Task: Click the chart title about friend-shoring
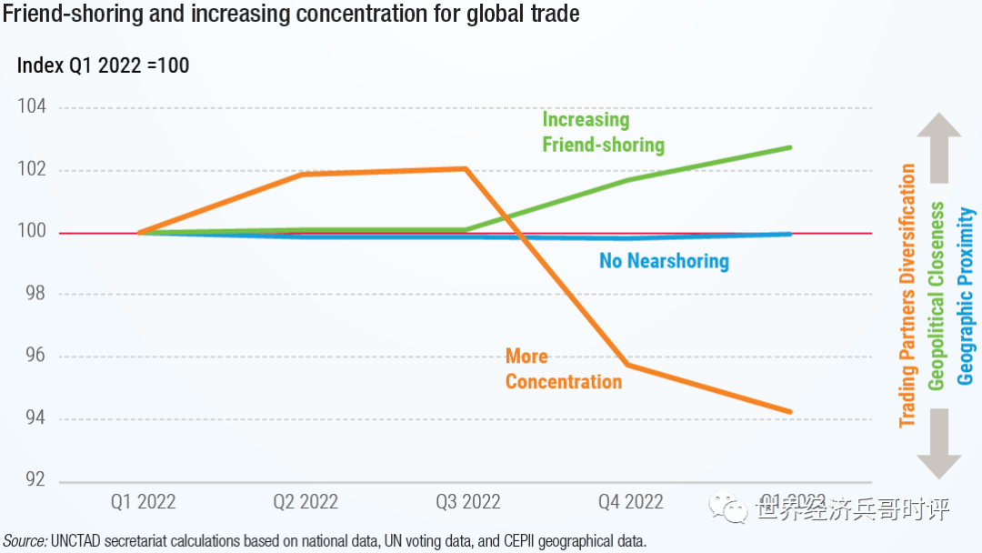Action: pos(292,15)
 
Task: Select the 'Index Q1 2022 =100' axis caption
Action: pos(104,65)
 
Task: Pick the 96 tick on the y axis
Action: pos(35,357)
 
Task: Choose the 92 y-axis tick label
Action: pos(35,480)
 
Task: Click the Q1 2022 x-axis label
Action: pos(143,502)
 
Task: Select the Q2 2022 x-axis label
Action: pos(306,502)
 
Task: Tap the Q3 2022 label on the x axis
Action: pos(467,502)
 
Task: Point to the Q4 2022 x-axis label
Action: pos(630,502)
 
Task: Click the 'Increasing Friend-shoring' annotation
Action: pos(603,132)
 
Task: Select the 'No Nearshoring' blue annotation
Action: pos(664,262)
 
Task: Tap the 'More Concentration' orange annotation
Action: pos(564,369)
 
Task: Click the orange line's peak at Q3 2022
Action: pos(466,168)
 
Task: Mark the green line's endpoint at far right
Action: pos(790,147)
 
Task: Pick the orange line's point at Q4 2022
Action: pos(628,365)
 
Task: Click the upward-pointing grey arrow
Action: pos(938,146)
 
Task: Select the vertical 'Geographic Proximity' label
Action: pos(967,297)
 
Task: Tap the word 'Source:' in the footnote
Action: pos(25,541)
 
